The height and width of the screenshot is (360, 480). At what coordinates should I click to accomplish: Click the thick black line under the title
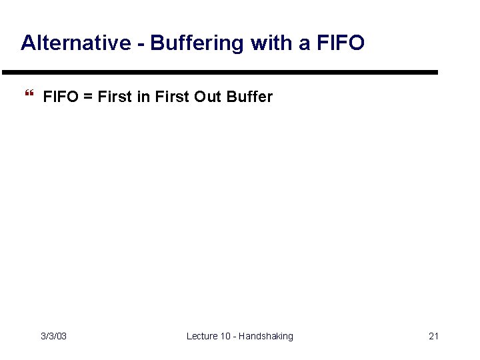[220, 72]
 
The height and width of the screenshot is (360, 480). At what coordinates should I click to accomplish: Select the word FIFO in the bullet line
[59, 97]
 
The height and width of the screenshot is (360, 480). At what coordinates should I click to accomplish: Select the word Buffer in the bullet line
[250, 97]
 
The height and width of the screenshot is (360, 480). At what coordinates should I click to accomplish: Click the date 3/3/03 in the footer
[53, 336]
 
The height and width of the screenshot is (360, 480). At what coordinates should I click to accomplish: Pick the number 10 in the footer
[227, 336]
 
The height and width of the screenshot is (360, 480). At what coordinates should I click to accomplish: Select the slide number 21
[433, 336]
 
